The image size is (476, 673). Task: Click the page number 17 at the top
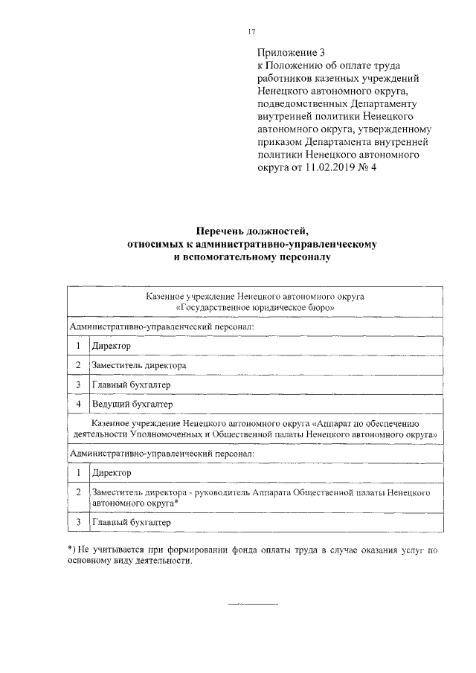point(251,30)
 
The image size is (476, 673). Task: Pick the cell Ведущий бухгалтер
point(132,404)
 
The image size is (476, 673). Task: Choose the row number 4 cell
point(78,404)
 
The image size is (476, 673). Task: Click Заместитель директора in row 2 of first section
point(138,365)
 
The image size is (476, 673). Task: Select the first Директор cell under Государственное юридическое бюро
point(111,346)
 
